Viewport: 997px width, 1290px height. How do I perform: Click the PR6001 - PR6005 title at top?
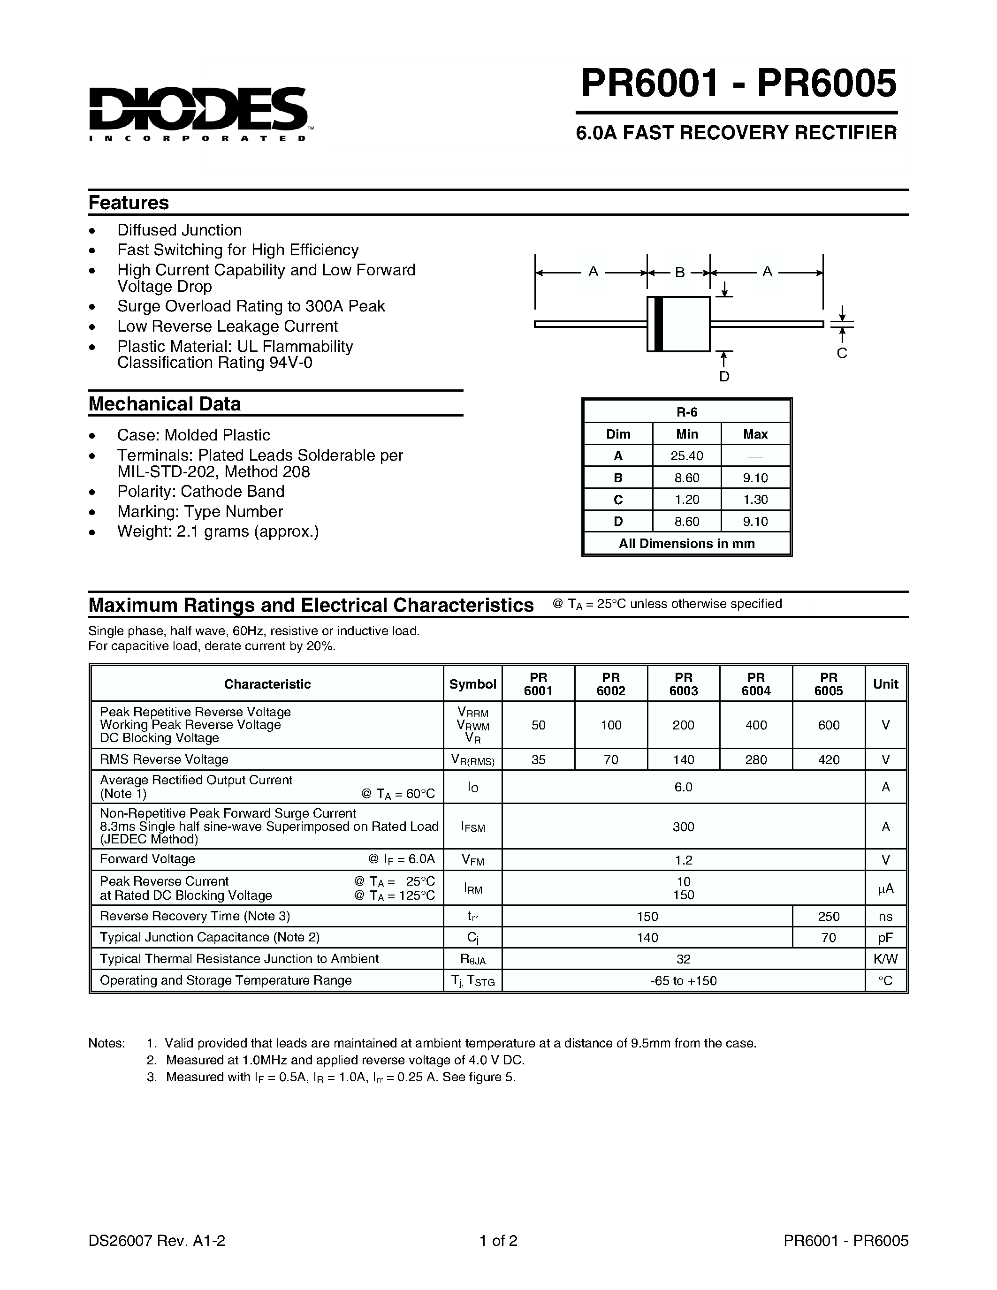pyautogui.click(x=738, y=83)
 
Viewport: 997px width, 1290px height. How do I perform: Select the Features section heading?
pyautogui.click(x=128, y=203)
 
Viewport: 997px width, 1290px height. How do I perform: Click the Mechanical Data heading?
pyautogui.click(x=164, y=404)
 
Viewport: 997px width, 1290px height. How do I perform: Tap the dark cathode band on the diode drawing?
pyautogui.click(x=658, y=324)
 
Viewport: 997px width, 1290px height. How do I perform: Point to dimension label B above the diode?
pyautogui.click(x=679, y=272)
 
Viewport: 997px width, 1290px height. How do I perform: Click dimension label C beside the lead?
pyautogui.click(x=842, y=353)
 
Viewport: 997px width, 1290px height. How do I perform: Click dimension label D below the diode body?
pyautogui.click(x=724, y=377)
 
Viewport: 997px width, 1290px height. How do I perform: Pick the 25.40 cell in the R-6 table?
pyautogui.click(x=686, y=456)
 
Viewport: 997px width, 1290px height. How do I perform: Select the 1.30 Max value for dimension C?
pyautogui.click(x=755, y=500)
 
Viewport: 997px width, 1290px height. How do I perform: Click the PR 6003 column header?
pyautogui.click(x=684, y=684)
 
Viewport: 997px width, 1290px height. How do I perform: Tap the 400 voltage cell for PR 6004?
pyautogui.click(x=756, y=725)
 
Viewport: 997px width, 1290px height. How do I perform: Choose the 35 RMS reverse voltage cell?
pyautogui.click(x=538, y=759)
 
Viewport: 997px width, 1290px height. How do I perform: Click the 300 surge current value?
pyautogui.click(x=684, y=827)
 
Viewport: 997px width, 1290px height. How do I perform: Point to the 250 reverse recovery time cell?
pyautogui.click(x=828, y=916)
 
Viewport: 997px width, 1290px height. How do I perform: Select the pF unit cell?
pyautogui.click(x=885, y=937)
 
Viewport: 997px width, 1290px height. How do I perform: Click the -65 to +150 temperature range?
pyautogui.click(x=684, y=980)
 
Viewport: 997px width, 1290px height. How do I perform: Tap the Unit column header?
pyautogui.click(x=885, y=684)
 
